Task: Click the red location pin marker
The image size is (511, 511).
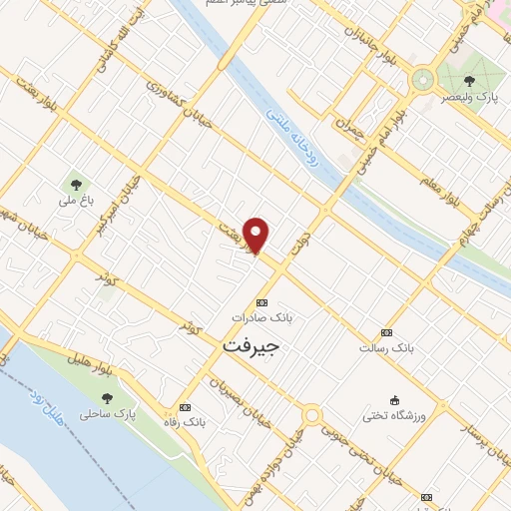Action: pos(257,236)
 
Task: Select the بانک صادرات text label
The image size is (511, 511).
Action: pos(261,316)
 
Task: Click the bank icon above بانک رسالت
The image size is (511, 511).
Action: pos(386,332)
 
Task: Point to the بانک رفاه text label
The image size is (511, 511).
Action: pos(186,422)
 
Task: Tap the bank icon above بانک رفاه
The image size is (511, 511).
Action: pos(185,408)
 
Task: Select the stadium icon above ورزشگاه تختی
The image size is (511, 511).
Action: pos(394,399)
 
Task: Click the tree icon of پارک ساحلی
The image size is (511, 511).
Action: pos(106,397)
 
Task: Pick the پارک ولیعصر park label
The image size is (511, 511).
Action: pos(470,97)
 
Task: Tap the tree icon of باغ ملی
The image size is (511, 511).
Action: pos(74,184)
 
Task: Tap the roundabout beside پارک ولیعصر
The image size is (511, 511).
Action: pos(424,78)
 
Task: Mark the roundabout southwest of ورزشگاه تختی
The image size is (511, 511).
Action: pos(312,414)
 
